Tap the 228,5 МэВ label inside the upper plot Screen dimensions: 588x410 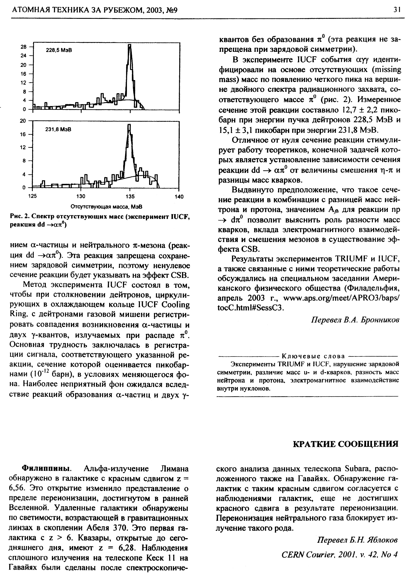[x=59, y=50]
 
